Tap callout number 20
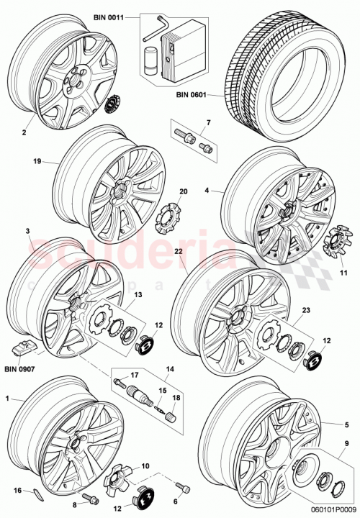tap(182, 191)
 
